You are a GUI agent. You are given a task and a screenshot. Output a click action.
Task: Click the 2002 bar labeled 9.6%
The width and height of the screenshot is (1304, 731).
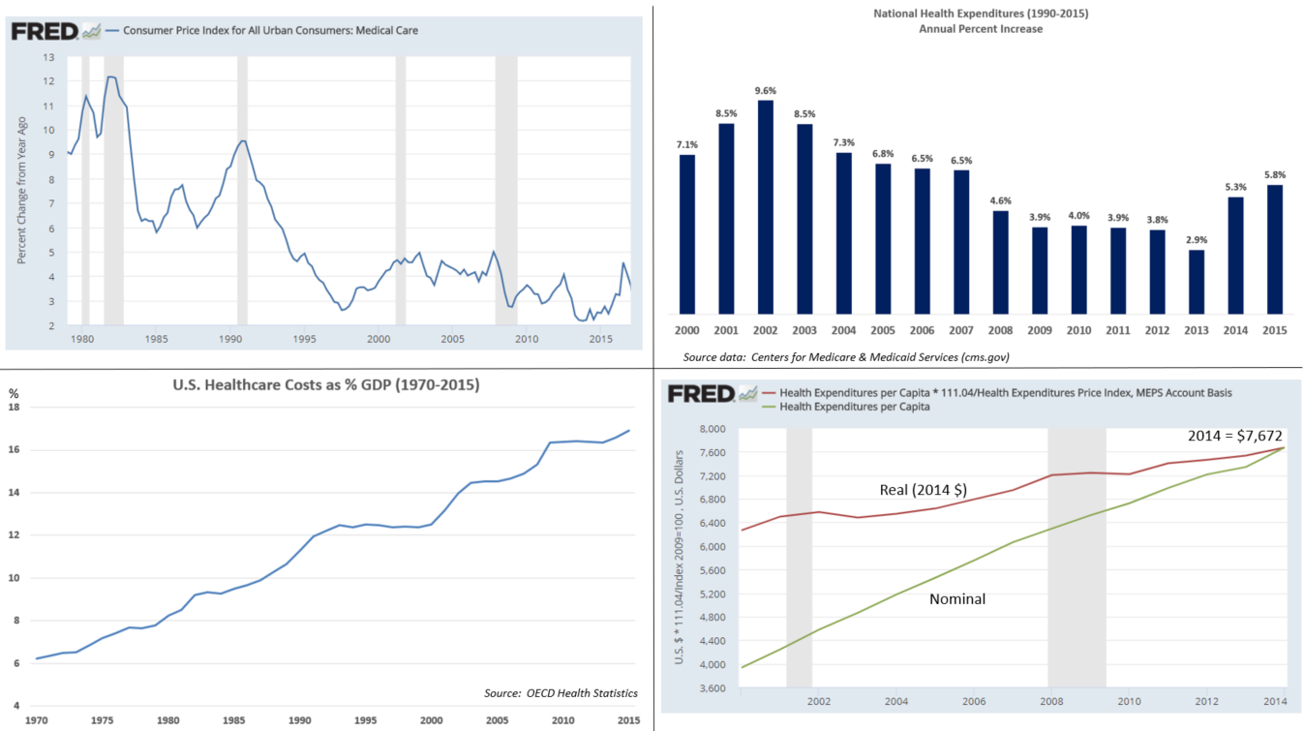[766, 207]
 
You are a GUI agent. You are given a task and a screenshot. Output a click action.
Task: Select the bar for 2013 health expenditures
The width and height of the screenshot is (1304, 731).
[1198, 282]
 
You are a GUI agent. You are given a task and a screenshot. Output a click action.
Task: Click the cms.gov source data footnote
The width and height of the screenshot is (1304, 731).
[846, 357]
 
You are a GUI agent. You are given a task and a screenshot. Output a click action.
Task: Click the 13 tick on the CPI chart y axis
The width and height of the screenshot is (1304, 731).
[48, 57]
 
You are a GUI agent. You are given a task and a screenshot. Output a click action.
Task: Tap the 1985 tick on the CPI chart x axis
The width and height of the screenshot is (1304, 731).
[156, 339]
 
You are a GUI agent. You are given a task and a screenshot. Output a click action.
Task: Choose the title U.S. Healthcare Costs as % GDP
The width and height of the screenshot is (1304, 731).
[324, 384]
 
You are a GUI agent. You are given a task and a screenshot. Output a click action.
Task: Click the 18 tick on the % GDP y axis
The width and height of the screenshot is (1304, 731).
[15, 408]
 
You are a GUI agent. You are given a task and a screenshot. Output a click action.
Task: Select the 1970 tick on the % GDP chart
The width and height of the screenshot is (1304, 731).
[37, 720]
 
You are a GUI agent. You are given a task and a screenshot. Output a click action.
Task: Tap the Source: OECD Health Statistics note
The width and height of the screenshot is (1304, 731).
[561, 692]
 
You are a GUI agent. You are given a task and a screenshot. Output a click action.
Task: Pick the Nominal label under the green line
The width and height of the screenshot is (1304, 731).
[956, 599]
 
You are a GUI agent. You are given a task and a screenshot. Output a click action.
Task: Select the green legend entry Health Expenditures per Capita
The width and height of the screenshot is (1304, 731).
[855, 407]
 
